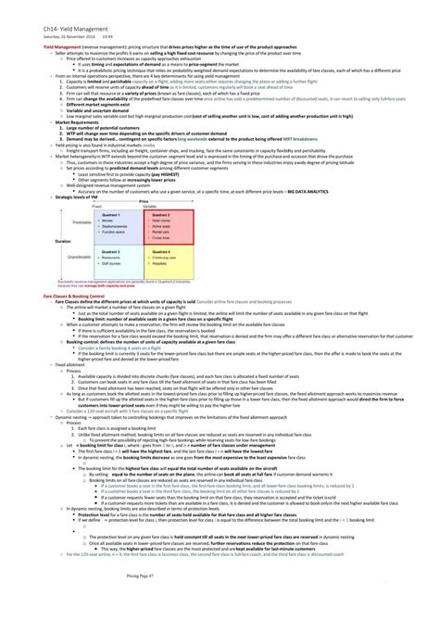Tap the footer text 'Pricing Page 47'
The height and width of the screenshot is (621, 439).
pos(219,602)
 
